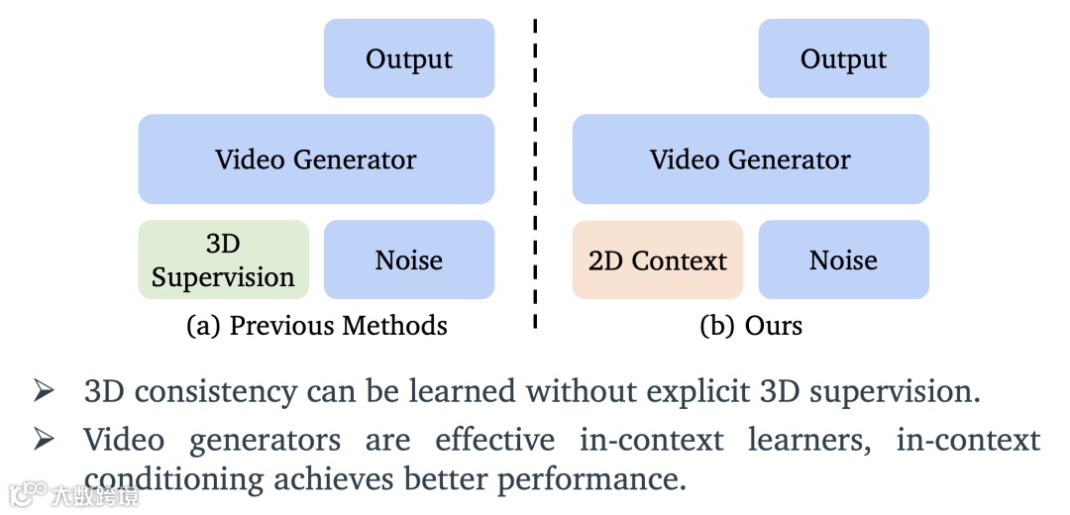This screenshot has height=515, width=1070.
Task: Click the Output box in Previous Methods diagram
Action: point(408,58)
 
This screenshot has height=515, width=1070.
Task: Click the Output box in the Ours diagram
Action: point(843,58)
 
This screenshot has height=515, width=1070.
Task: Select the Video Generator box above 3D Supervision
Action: point(315,159)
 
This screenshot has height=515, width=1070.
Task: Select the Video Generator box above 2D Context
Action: point(750,159)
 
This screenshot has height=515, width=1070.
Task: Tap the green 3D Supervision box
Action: point(223,260)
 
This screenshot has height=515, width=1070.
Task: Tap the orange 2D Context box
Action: point(657,260)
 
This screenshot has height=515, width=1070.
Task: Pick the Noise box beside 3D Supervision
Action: point(408,260)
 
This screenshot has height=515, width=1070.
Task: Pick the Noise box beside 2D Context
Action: point(843,260)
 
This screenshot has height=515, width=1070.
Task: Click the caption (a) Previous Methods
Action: point(316,326)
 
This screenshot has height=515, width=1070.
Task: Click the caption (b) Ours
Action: point(750,326)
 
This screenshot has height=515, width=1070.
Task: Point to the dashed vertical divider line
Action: point(535,178)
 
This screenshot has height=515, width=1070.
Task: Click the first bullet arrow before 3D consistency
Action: point(43,392)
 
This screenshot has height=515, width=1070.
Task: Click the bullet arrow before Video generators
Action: point(43,439)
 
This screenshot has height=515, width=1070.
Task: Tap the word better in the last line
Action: point(436,480)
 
